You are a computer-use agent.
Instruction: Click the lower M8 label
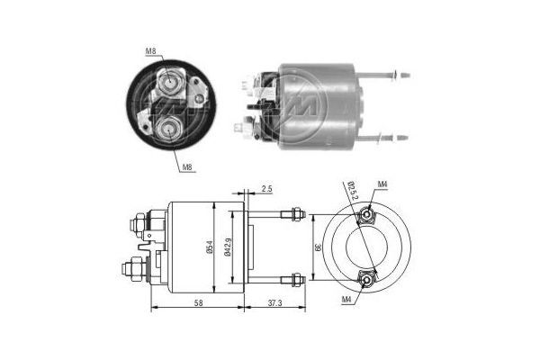point(186,167)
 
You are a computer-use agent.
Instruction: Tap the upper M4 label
point(382,184)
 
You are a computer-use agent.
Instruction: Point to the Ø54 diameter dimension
point(210,247)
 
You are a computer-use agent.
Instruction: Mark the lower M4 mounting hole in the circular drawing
point(366,280)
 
